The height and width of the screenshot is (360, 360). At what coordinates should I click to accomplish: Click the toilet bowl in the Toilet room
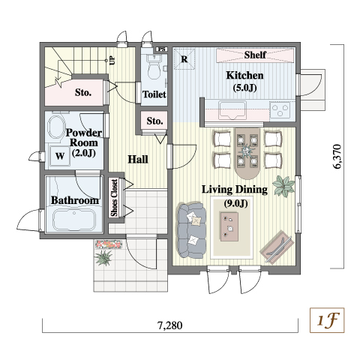point(154,70)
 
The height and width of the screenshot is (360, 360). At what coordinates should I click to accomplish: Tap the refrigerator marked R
point(184,59)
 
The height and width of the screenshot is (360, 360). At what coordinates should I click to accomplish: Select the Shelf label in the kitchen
point(255,55)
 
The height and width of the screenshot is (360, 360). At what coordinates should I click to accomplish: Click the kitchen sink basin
point(232,110)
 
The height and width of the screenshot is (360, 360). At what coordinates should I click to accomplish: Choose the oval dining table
point(247,153)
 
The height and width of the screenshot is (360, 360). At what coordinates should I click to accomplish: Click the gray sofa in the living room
point(191,230)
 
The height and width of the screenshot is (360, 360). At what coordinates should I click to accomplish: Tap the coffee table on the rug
point(229,226)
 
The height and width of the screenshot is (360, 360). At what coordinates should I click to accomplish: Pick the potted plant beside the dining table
point(283,186)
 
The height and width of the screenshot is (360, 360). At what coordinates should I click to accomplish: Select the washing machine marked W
point(60,156)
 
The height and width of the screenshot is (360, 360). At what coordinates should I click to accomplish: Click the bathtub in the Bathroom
point(74,219)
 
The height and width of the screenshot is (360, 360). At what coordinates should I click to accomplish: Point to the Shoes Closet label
point(114,198)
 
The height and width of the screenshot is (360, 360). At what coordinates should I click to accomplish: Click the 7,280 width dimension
point(170,325)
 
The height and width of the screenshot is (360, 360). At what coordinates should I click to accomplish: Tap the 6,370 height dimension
point(337,157)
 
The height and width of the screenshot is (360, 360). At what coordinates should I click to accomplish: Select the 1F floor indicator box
point(327,320)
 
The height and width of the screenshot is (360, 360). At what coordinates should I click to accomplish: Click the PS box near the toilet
point(162,49)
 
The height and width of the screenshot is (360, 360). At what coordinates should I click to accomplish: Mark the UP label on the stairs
point(112,60)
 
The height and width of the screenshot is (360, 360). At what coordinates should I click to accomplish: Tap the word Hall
point(138,159)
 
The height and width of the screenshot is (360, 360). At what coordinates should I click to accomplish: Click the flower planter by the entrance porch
point(109,244)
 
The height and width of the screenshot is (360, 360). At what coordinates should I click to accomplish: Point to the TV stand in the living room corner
point(277,246)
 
